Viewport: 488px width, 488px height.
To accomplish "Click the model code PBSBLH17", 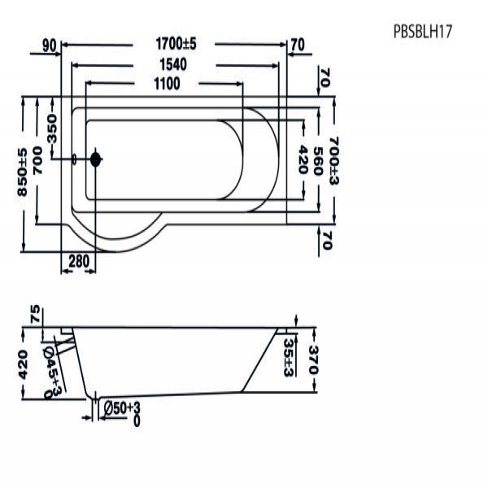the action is point(423,32).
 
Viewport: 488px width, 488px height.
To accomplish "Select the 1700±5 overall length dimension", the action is point(176,44).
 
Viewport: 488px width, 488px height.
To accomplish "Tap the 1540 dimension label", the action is point(173,64).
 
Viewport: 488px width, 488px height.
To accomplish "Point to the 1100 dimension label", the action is point(167,84).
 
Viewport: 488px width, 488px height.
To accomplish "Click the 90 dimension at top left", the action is point(50,46).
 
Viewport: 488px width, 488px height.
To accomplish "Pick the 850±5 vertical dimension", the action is point(22,172).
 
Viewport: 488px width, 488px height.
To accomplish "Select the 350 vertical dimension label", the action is point(52,129).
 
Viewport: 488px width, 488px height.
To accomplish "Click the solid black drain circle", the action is point(95,159).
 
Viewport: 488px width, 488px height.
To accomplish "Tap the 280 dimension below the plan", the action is point(79,261).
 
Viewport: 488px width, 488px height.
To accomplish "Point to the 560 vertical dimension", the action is point(317,161).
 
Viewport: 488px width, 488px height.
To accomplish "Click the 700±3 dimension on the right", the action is point(333,161).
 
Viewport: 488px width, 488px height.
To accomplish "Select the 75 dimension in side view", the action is point(36,314).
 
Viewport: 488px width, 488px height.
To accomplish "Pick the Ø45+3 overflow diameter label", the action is point(52,373).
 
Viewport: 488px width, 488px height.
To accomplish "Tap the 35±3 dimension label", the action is point(289,357).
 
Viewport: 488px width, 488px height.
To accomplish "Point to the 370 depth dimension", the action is point(313,359).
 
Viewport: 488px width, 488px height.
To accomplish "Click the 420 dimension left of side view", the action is point(23,364).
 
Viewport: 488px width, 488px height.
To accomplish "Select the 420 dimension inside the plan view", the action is point(303,159).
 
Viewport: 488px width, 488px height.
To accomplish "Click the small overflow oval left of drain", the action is point(74,159).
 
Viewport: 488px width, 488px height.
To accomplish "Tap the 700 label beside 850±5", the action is point(37,160).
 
